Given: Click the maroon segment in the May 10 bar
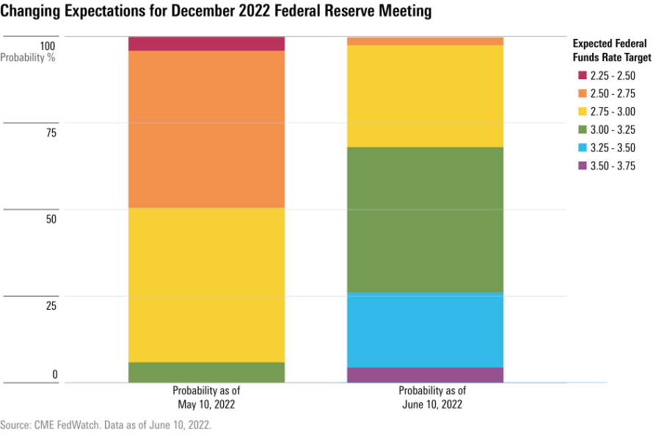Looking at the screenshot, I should click(x=206, y=43).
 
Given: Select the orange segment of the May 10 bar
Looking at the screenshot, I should click(x=206, y=129).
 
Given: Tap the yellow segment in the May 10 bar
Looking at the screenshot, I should click(x=206, y=285).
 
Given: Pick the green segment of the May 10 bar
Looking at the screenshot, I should click(x=206, y=372).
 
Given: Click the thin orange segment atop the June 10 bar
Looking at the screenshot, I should click(x=425, y=41).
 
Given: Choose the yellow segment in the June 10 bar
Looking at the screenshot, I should click(x=425, y=96).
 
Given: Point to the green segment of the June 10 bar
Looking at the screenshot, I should click(x=425, y=219).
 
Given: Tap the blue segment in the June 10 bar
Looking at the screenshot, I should click(x=425, y=330).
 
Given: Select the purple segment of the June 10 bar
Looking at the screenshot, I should click(x=425, y=375).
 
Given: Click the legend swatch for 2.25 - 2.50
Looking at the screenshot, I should click(x=583, y=76).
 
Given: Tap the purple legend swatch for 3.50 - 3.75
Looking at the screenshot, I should click(x=583, y=167).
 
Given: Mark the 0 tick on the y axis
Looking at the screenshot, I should click(x=54, y=375).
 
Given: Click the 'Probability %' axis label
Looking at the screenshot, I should click(x=28, y=57).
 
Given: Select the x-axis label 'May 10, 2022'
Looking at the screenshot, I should click(x=206, y=404).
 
